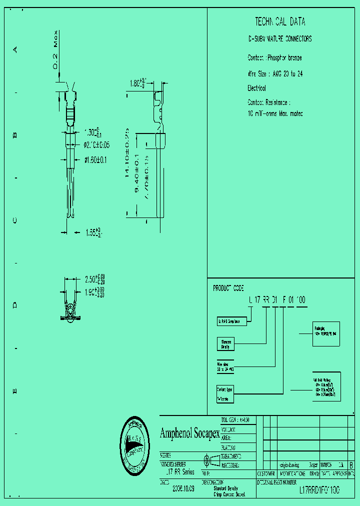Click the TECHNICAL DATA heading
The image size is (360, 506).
click(x=280, y=22)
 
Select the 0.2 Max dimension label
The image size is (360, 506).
click(x=57, y=50)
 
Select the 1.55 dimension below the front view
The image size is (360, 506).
click(x=93, y=232)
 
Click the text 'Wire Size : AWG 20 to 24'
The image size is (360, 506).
click(x=275, y=73)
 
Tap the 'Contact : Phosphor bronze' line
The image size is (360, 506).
click(x=274, y=58)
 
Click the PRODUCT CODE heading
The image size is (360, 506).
click(x=228, y=288)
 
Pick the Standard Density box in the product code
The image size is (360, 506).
click(x=225, y=344)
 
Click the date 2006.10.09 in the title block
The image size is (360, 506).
click(x=183, y=488)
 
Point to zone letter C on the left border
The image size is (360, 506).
click(x=15, y=220)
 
